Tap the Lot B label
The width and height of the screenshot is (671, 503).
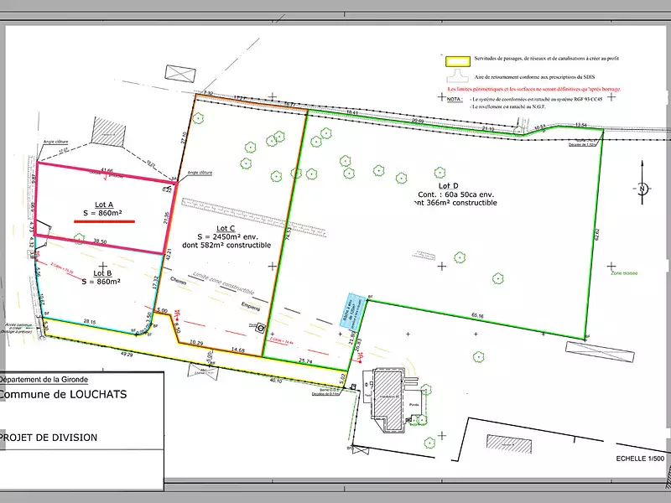tap(103, 273)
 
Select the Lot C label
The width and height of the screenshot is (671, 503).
tap(226, 228)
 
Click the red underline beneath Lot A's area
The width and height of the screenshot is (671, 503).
tap(103, 222)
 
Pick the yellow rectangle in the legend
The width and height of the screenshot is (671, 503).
tap(457, 61)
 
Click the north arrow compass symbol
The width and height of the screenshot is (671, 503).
tap(642, 189)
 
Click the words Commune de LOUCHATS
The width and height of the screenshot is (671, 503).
tap(63, 394)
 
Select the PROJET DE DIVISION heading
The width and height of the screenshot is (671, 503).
tap(49, 438)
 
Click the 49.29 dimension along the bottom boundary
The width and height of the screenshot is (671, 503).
tap(127, 355)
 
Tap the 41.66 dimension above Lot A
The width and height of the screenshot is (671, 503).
tap(107, 170)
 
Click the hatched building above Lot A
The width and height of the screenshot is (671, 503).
tap(107, 130)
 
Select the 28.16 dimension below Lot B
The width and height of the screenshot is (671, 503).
tap(90, 321)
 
